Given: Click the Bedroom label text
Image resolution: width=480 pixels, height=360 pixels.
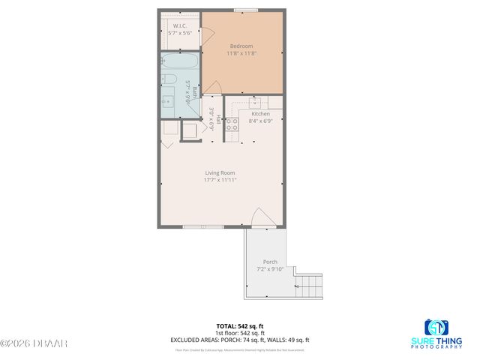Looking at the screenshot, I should (x=241, y=46).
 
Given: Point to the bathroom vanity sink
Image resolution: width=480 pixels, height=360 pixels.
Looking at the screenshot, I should (x=167, y=99).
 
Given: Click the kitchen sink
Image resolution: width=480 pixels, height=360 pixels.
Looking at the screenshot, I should (x=254, y=103).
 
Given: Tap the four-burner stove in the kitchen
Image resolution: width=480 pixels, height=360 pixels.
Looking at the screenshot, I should (x=232, y=124).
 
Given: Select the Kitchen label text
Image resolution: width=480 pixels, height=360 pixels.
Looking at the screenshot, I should (x=260, y=114).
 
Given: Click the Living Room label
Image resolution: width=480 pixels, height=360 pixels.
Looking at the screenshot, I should (x=220, y=173).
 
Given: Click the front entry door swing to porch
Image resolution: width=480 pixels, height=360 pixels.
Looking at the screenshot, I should (x=258, y=217).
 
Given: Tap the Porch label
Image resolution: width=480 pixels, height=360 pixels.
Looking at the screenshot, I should (x=269, y=262).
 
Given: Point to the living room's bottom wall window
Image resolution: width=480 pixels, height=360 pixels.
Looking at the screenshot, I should (x=202, y=227).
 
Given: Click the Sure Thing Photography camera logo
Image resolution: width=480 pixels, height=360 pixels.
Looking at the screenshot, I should (x=437, y=328).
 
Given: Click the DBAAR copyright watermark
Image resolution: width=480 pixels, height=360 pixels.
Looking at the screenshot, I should (x=34, y=343).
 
